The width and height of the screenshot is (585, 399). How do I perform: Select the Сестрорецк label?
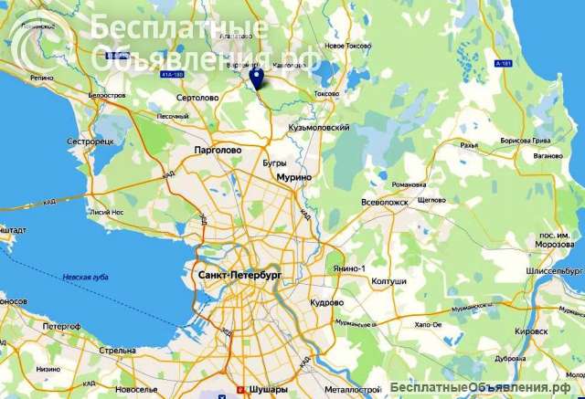coord(90,142)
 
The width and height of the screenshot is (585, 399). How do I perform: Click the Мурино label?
coord(294,176)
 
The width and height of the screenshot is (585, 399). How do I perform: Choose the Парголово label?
coord(218,149)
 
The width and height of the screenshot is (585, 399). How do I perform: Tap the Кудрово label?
coord(326,301)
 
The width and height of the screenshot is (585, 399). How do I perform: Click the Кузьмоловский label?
coord(319,128)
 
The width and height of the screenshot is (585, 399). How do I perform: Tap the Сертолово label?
coord(198,97)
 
